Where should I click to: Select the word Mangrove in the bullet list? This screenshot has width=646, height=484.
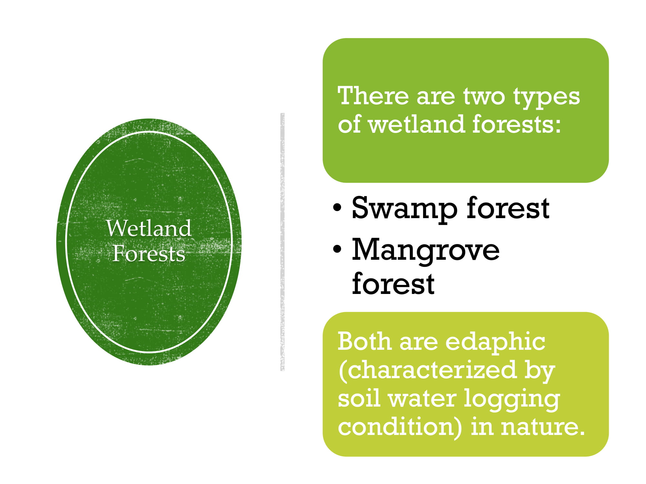point(426,251)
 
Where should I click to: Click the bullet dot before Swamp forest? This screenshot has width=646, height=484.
point(337,208)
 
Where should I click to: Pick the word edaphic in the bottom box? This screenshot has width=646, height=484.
point(495,343)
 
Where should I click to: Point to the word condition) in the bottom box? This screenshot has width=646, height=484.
point(400,428)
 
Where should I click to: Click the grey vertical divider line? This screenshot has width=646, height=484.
point(283,242)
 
